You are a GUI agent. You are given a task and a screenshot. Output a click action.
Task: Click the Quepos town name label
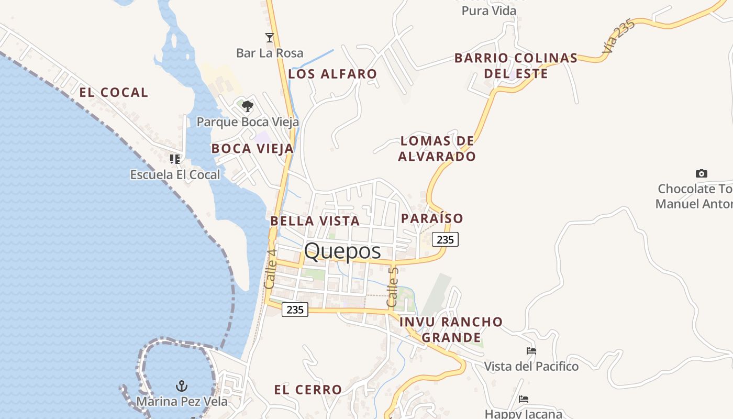342,251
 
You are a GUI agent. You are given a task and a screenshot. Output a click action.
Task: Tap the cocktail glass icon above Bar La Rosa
270,37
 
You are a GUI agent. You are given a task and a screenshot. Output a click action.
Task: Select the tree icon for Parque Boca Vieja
248,106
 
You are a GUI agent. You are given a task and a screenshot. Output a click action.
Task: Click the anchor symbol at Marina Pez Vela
182,387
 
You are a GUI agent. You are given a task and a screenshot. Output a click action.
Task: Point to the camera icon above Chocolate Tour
701,173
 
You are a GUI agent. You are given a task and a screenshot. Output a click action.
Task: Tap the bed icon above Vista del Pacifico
531,351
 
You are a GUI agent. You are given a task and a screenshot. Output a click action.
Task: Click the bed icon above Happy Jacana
524,399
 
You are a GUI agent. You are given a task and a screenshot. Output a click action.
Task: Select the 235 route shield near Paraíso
445,239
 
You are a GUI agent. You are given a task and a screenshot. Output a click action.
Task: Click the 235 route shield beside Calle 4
295,310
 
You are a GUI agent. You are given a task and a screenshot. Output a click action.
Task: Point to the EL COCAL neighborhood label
114,93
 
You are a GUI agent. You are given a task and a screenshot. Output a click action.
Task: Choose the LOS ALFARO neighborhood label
332,74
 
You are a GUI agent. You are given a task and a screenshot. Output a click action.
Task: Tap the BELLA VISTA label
315,221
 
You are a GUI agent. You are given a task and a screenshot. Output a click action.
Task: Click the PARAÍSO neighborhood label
432,218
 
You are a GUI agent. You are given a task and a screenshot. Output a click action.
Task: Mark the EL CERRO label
308,390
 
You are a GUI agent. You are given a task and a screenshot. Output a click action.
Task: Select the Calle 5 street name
393,287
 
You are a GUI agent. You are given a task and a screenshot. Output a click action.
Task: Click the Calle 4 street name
270,269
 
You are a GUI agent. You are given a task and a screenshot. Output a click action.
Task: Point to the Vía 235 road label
618,37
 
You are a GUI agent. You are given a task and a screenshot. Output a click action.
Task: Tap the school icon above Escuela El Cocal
175,159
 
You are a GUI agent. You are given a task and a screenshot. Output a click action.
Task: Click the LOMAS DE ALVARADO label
437,149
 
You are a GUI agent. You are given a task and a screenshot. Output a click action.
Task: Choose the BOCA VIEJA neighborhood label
252,149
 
